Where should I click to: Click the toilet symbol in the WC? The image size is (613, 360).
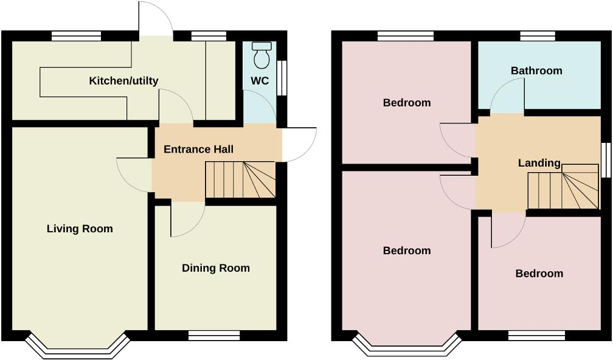click(x=262, y=55)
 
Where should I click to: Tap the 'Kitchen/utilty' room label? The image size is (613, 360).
click(x=123, y=81)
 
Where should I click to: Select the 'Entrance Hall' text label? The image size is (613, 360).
click(x=198, y=149)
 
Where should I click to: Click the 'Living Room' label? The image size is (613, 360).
click(x=80, y=229)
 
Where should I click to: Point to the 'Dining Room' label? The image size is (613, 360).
click(x=216, y=268)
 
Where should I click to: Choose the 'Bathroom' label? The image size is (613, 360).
click(x=536, y=71)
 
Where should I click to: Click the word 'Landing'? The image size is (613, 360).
click(x=539, y=162)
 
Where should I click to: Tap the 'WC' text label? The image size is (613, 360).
click(x=260, y=81)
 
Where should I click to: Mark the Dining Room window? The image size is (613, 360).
click(x=214, y=335)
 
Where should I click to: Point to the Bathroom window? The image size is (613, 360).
click(x=538, y=36)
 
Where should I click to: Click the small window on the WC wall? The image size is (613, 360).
click(x=282, y=77)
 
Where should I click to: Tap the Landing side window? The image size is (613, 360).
click(x=605, y=160)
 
